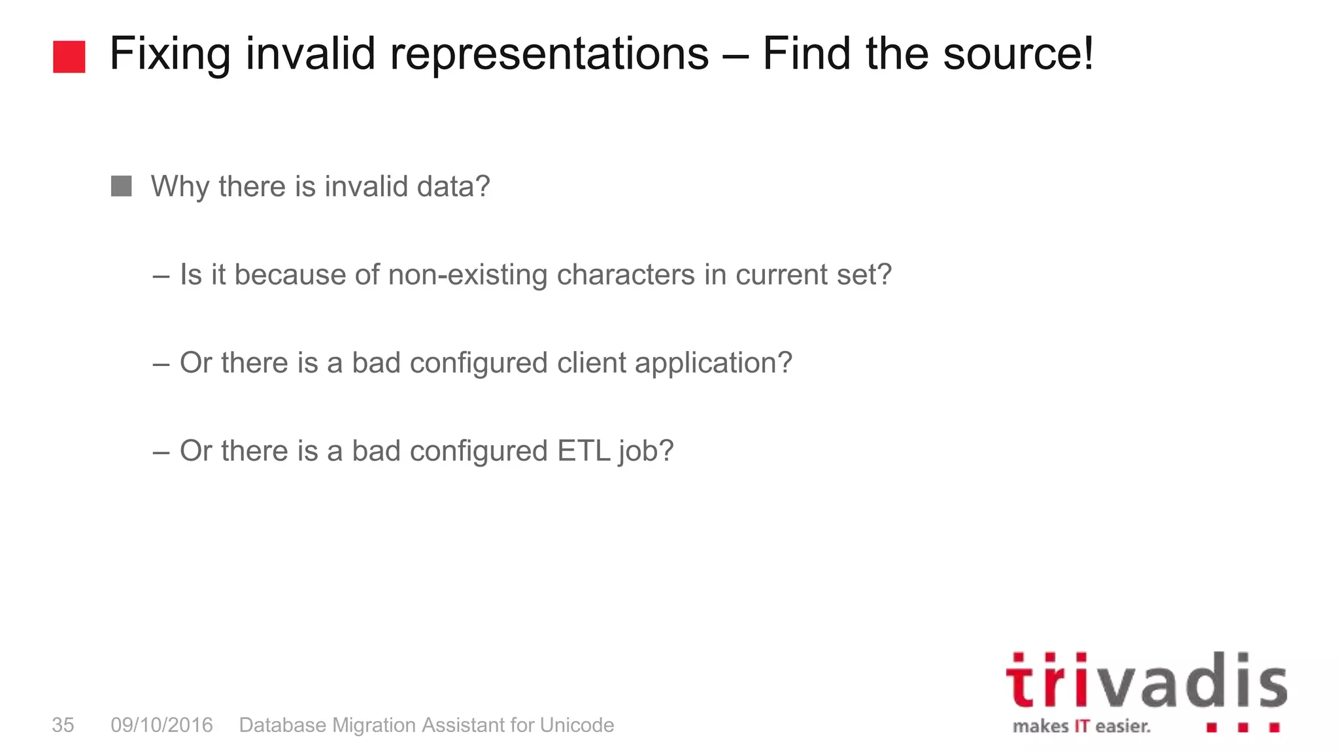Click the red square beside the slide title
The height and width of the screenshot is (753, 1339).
point(69,57)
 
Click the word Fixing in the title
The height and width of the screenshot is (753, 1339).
point(169,54)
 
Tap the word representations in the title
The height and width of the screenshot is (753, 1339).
point(549,54)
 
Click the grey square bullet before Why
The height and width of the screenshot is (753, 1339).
point(121,186)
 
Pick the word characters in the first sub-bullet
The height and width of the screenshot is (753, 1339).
point(626,275)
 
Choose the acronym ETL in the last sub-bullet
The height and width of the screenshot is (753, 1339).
point(583,451)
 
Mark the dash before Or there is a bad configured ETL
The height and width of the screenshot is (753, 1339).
point(161,452)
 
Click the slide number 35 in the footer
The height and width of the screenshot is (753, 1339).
point(63,725)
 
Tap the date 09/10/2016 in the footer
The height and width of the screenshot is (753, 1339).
point(161,725)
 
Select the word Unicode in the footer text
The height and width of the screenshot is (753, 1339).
point(577,725)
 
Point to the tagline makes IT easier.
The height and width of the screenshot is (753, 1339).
point(1081,726)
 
